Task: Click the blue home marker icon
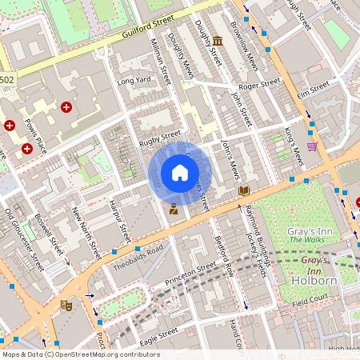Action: (x=180, y=173)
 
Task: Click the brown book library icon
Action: (x=243, y=191)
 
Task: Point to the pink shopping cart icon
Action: (x=311, y=146)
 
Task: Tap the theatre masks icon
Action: (x=66, y=305)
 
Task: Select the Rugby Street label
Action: (x=161, y=138)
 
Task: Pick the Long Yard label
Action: (x=134, y=81)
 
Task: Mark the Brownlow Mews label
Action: (x=246, y=44)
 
